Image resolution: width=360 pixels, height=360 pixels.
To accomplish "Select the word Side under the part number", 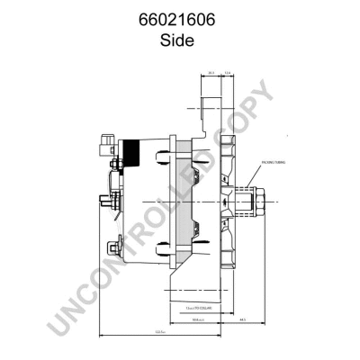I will point(179,40).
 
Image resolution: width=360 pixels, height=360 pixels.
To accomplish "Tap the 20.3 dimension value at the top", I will point(210,75).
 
